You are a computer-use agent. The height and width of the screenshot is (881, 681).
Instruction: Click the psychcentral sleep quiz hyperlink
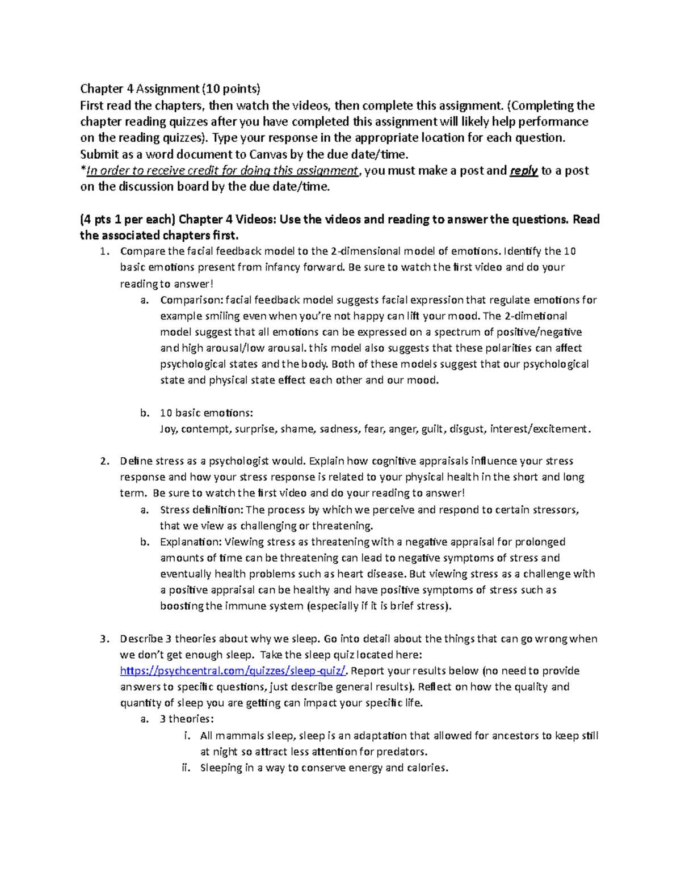233,671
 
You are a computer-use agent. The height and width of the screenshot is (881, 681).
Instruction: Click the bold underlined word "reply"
524,171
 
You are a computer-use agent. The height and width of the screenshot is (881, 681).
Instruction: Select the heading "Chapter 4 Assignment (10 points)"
170,88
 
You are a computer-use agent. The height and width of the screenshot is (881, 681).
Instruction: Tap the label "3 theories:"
187,719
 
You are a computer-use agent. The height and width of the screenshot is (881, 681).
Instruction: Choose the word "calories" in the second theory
426,768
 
